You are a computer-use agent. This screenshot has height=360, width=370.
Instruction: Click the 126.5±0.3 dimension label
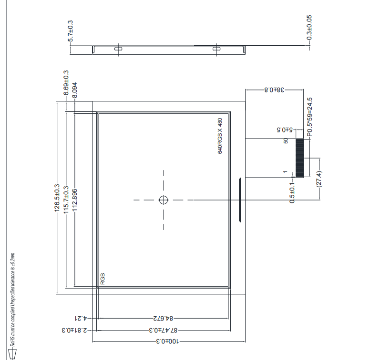(57, 198)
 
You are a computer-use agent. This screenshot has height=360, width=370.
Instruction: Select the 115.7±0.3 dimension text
(66, 200)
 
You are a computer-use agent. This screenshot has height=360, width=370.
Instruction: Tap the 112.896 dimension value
(74, 200)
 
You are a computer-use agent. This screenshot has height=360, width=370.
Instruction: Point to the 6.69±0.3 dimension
(66, 83)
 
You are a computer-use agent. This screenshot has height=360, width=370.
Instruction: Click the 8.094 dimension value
(74, 90)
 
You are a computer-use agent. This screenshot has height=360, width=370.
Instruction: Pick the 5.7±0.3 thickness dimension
(70, 31)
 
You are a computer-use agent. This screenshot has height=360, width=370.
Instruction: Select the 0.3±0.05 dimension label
(309, 28)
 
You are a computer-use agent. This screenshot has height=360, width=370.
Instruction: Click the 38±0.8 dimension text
(275, 90)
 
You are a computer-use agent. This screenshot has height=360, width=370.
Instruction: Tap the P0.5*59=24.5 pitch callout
(309, 117)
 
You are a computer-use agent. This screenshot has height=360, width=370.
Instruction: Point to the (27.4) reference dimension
(319, 180)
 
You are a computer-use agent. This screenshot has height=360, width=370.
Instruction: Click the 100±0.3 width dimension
(167, 341)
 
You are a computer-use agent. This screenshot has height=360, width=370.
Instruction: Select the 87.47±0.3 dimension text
(163, 330)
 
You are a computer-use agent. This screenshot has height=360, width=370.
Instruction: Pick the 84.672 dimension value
(163, 318)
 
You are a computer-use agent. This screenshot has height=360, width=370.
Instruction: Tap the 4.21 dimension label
(81, 318)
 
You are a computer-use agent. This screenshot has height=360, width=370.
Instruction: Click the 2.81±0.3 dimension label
(74, 330)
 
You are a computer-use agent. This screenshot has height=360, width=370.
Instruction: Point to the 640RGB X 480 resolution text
(220, 136)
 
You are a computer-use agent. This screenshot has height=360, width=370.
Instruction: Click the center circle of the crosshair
(164, 200)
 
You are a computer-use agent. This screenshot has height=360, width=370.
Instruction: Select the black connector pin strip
(300, 158)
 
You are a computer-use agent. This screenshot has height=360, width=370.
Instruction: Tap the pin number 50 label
(286, 140)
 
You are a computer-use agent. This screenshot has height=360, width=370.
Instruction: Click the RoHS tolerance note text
(13, 300)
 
